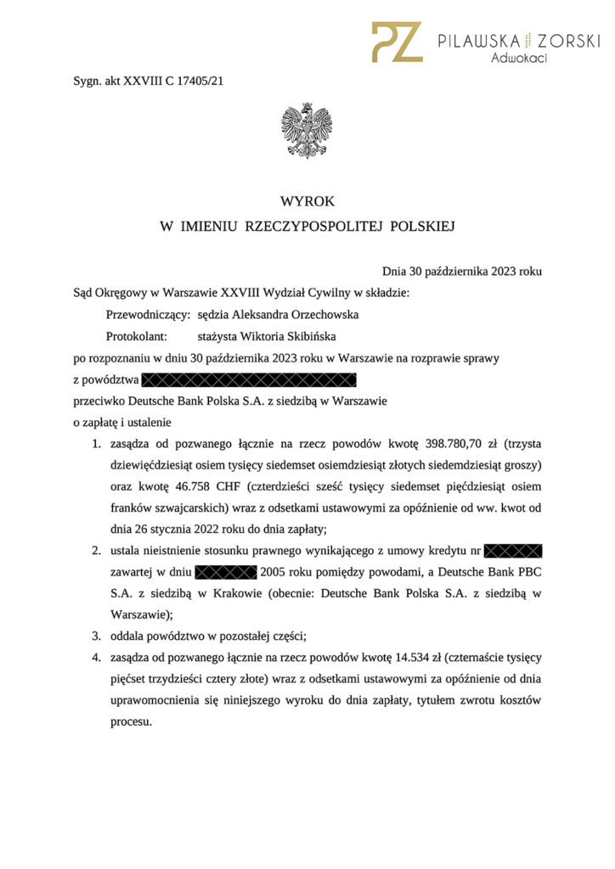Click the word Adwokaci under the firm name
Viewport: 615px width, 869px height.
point(518,59)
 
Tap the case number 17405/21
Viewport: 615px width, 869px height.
point(201,81)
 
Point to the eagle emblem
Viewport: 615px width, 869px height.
point(307,131)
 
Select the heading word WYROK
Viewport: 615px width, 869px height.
point(307,202)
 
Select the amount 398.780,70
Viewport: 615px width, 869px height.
point(463,444)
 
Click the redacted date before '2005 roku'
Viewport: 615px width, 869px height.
point(225,572)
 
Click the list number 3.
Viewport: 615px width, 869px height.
point(96,636)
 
